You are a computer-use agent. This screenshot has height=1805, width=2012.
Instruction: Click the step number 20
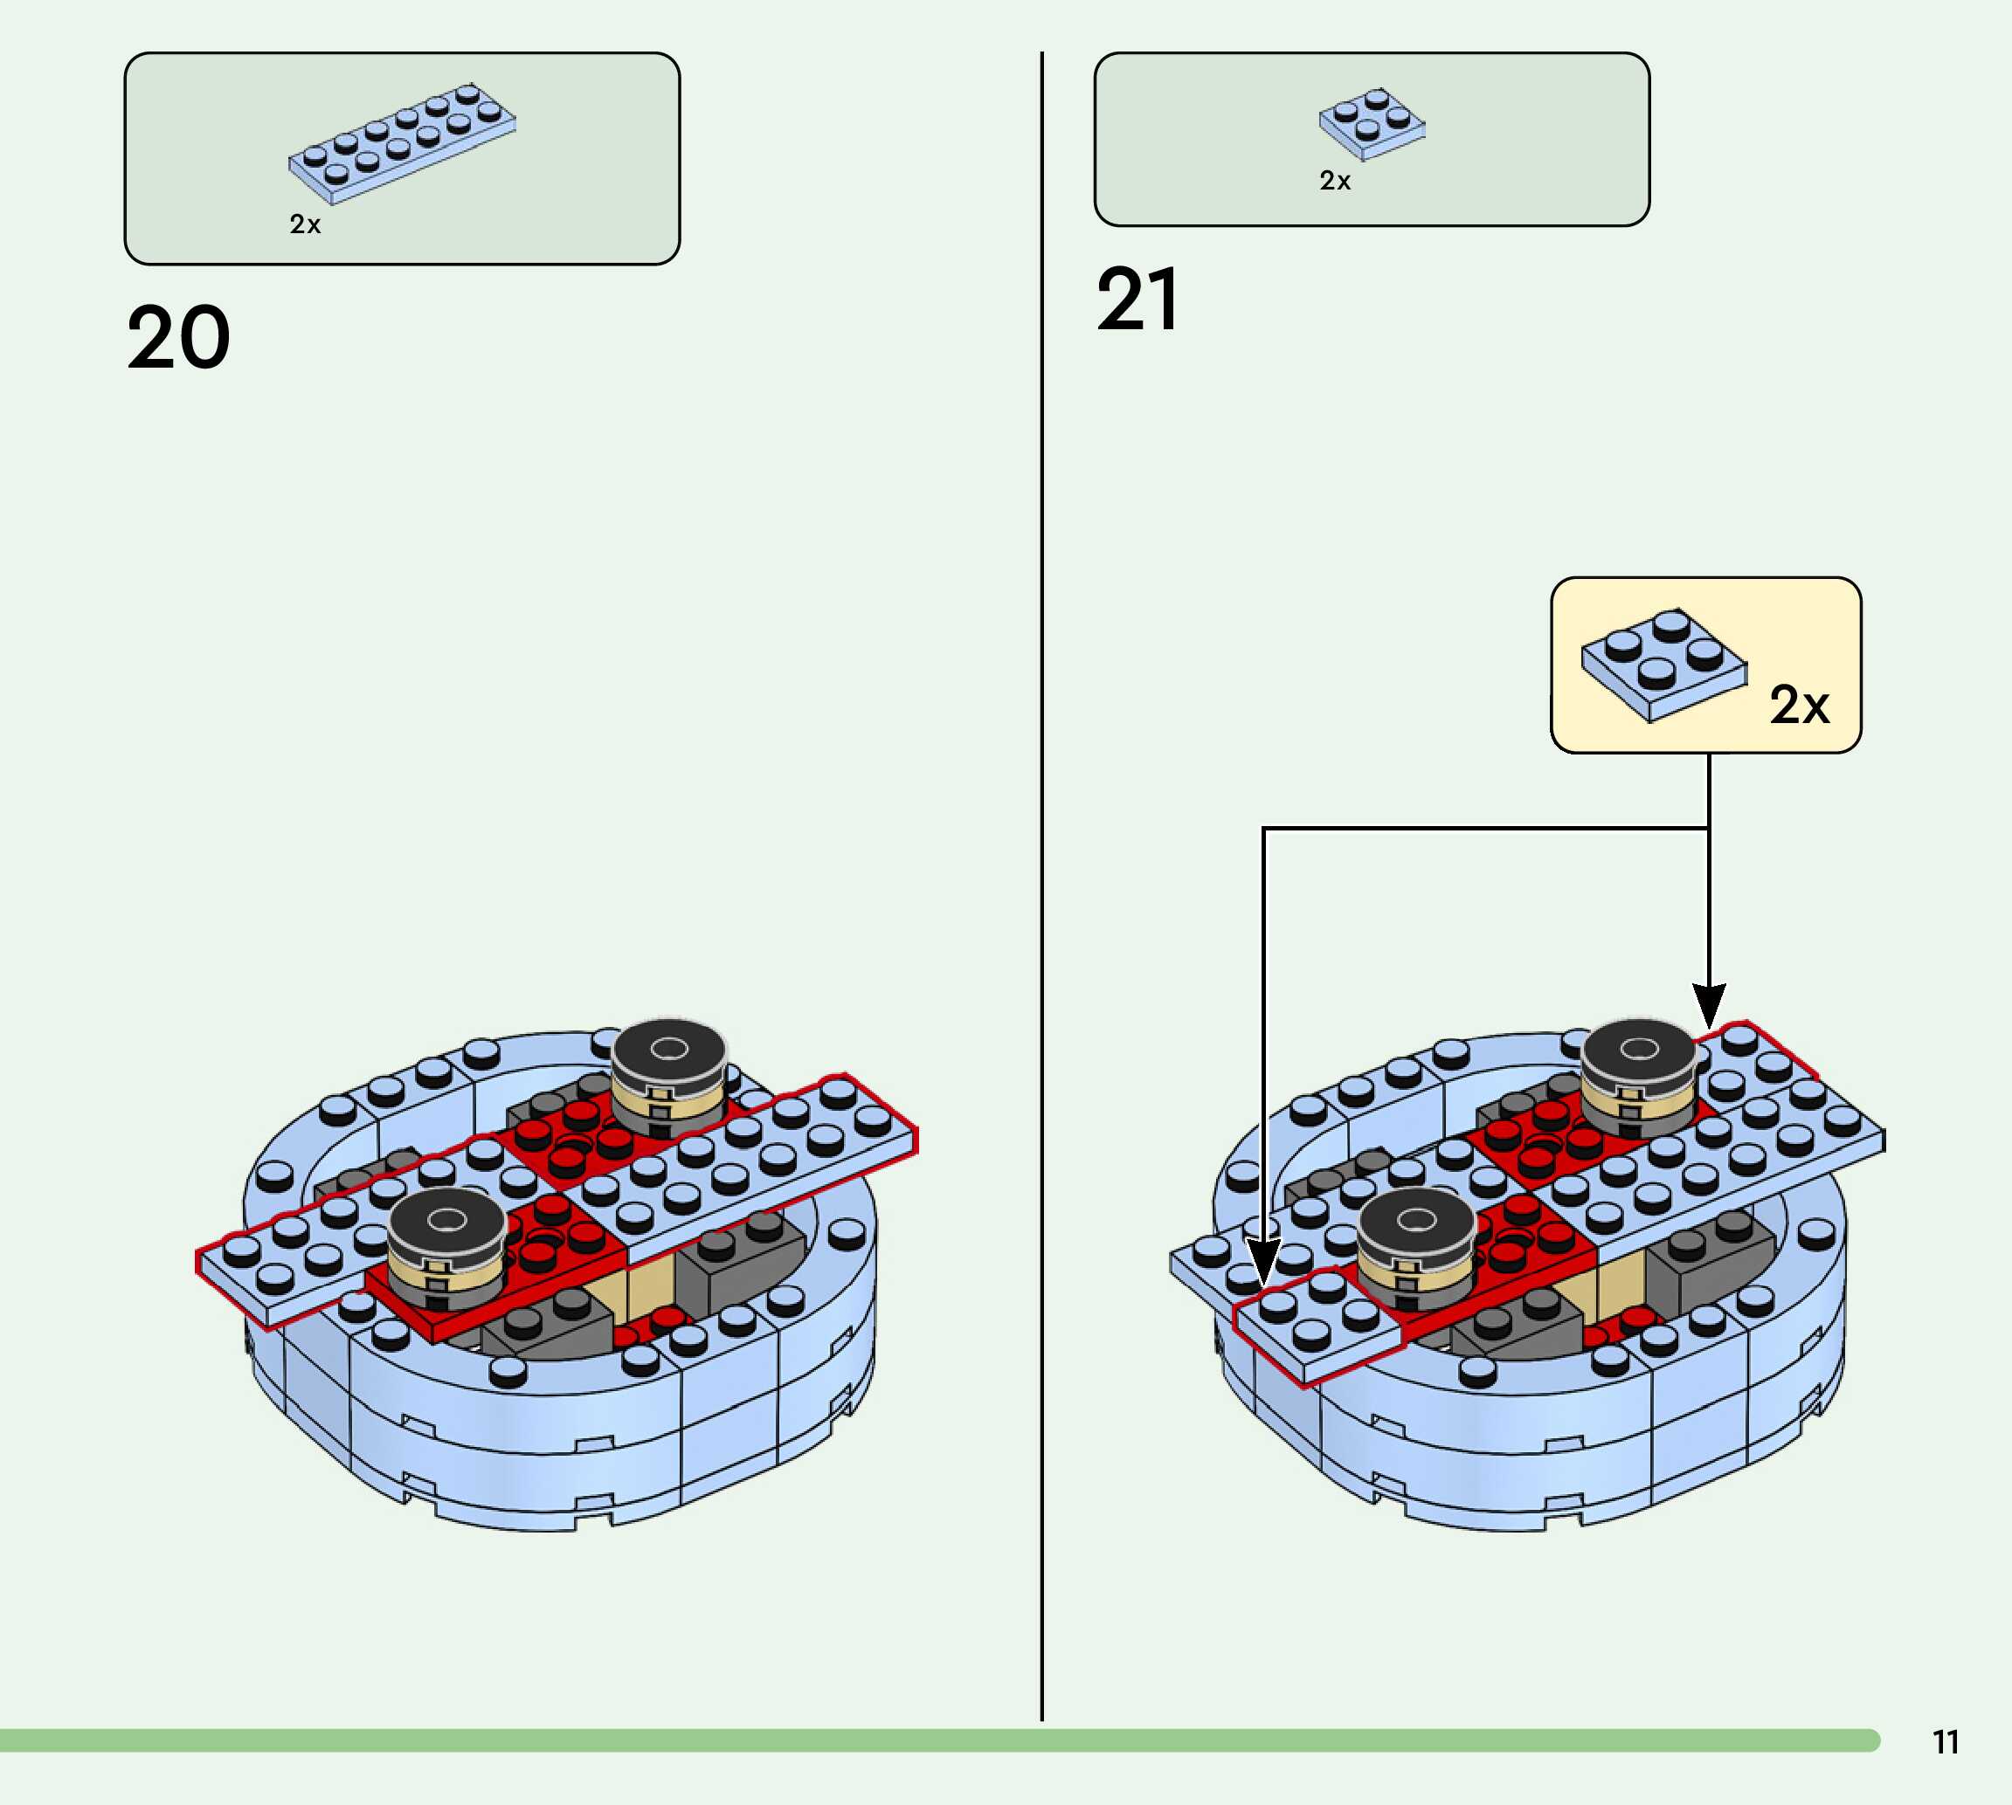click(178, 338)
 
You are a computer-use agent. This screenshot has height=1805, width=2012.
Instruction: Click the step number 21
click(1138, 300)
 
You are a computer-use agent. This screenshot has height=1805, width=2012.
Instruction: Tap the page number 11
click(1946, 1742)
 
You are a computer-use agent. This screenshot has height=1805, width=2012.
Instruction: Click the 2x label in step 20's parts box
click(305, 225)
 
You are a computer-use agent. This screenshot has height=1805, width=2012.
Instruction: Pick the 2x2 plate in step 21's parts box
click(1372, 124)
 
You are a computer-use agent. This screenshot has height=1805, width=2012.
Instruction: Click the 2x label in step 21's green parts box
click(1334, 182)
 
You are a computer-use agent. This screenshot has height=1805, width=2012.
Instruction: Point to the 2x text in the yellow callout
click(1799, 705)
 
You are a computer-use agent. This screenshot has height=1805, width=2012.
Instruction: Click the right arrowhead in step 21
click(1709, 1006)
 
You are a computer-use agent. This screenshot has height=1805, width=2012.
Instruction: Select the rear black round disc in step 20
click(667, 1052)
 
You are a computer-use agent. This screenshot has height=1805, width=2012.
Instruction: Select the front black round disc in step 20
click(446, 1222)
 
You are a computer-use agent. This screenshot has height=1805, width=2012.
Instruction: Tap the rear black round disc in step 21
click(1638, 1052)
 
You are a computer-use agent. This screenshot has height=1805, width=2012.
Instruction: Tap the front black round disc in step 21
click(1416, 1222)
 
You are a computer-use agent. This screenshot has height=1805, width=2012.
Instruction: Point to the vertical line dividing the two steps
click(1041, 892)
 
